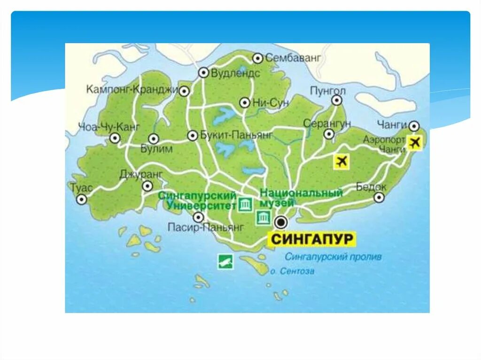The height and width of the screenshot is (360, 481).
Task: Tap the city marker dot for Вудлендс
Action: tap(203, 73)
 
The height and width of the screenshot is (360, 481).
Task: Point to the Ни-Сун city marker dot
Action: tap(244, 103)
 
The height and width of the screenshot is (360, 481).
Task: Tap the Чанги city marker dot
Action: tap(413, 126)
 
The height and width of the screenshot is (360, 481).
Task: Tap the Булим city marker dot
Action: tap(154, 138)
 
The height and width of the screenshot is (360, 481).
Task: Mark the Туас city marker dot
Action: tap(82, 200)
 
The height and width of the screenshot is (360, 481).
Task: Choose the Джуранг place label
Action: tap(141, 174)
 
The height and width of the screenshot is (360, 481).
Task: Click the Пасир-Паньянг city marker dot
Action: tap(198, 217)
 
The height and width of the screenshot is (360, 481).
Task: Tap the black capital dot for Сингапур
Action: tap(281, 222)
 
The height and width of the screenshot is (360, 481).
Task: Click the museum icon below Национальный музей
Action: tap(263, 217)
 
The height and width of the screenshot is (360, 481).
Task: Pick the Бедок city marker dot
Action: tap(379, 198)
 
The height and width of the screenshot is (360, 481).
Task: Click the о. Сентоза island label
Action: tap(292, 271)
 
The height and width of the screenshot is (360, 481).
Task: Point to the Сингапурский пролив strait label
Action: tap(333, 257)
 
